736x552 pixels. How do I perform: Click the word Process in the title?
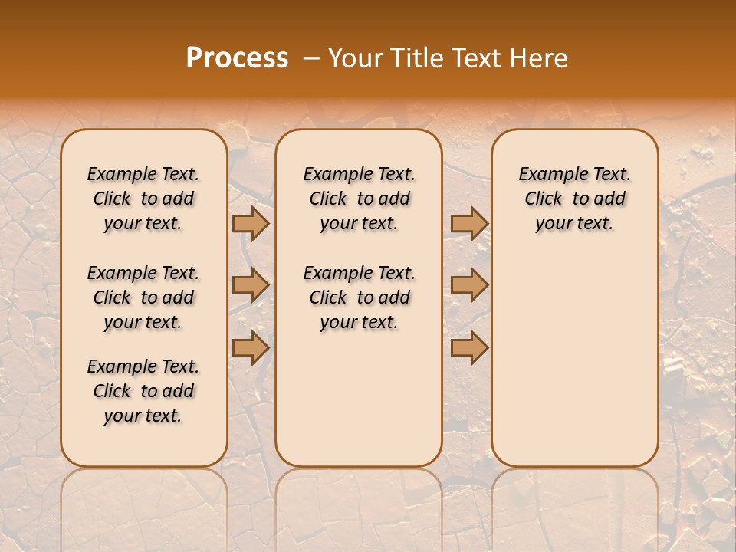click(x=237, y=58)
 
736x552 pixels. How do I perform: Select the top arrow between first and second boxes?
click(x=251, y=223)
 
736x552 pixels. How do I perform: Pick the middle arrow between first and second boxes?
click(x=251, y=285)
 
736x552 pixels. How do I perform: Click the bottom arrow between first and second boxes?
click(x=251, y=347)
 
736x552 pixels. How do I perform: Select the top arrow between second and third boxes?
click(x=469, y=223)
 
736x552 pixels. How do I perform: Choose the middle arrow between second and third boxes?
click(x=469, y=285)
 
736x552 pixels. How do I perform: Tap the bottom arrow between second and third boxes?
click(x=469, y=347)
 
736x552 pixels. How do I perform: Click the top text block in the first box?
click(x=143, y=199)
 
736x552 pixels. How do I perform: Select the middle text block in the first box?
click(x=143, y=297)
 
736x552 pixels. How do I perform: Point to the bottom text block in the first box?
click(x=143, y=391)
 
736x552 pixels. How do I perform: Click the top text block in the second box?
click(x=359, y=199)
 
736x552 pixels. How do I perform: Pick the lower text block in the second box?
click(x=359, y=297)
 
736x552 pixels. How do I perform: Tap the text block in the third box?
click(x=574, y=199)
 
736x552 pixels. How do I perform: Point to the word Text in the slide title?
click(x=475, y=58)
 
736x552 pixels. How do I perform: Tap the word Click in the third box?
click(x=544, y=199)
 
